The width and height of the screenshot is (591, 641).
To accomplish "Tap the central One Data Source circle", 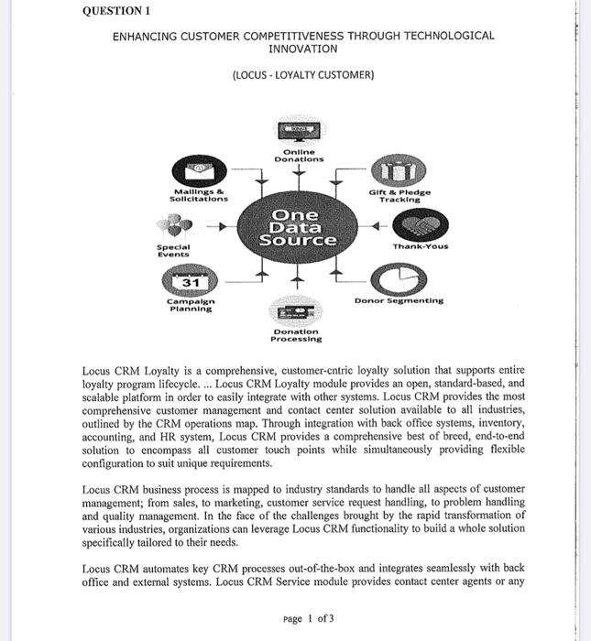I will pyautogui.click(x=296, y=226).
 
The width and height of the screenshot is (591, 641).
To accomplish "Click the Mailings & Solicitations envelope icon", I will pyautogui.click(x=199, y=171).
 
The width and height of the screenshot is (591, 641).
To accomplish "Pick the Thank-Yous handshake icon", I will pyautogui.click(x=420, y=224).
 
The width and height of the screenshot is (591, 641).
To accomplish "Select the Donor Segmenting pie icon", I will pyautogui.click(x=394, y=277).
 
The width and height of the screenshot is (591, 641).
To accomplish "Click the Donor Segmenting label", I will pyautogui.click(x=398, y=300).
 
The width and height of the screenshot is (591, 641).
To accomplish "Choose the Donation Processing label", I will pyautogui.click(x=295, y=334).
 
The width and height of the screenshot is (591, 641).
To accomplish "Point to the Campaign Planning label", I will pyautogui.click(x=191, y=305).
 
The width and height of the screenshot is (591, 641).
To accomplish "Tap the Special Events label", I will pyautogui.click(x=173, y=250).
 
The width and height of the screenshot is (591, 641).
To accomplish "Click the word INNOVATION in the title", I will pyautogui.click(x=303, y=49).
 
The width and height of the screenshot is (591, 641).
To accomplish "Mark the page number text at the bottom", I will pyautogui.click(x=309, y=618).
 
